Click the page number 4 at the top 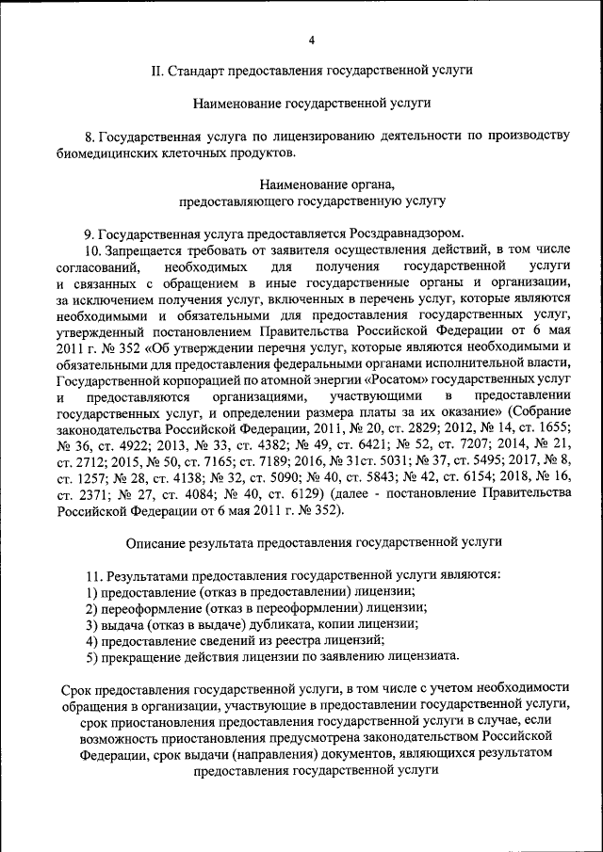[x=312, y=40]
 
